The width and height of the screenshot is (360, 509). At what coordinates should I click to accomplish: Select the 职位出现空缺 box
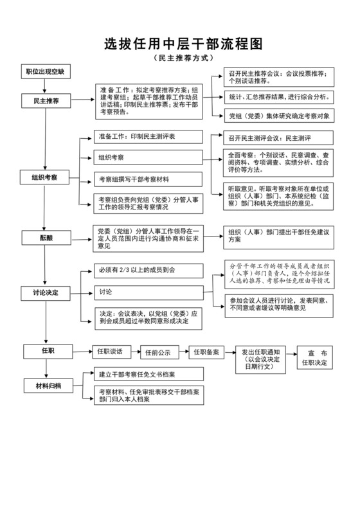[x=45, y=71]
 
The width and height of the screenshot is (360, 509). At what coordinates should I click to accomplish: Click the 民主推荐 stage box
[x=45, y=102]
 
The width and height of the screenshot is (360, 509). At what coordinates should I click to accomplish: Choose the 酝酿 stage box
[x=45, y=237]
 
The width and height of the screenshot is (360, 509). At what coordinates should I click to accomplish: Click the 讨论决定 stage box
[x=45, y=293]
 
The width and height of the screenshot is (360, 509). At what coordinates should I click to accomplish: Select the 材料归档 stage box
[x=45, y=386]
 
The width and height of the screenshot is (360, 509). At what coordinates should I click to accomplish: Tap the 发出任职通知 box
[x=261, y=359]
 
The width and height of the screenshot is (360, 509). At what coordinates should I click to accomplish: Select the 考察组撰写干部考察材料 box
[x=148, y=179]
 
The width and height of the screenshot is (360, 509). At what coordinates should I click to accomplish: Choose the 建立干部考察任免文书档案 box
[x=148, y=374]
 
